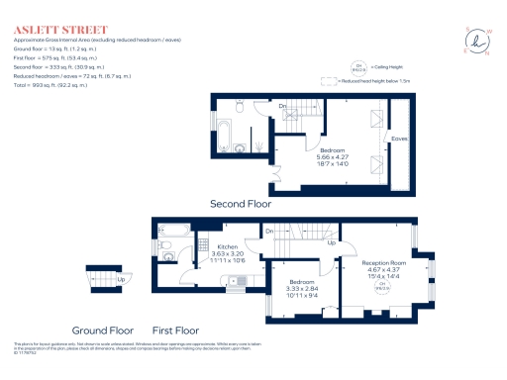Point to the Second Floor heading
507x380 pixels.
point(240,203)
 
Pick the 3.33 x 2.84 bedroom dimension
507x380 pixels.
point(301,288)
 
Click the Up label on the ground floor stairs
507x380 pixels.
point(121,278)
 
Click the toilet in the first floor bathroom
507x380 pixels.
point(168,255)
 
